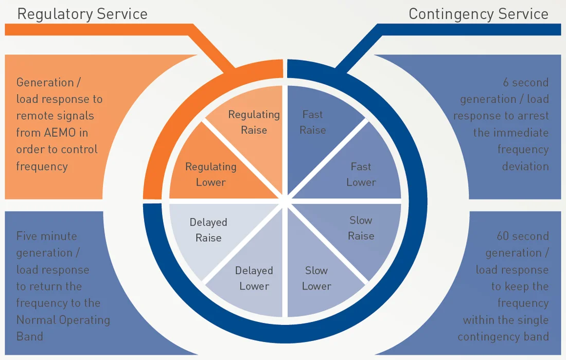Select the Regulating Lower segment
[x=210, y=174]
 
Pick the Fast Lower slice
[x=361, y=174]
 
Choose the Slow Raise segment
[x=361, y=228]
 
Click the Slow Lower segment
[x=316, y=278]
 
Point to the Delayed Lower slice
[x=254, y=278]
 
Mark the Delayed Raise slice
[x=208, y=230]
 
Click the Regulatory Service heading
[x=82, y=14]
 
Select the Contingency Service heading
[x=479, y=14]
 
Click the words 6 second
[x=525, y=82]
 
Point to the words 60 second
[x=523, y=236]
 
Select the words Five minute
[x=47, y=236]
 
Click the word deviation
[x=525, y=166]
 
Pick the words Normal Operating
[x=63, y=320]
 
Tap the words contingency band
[x=503, y=337]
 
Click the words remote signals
[x=55, y=116]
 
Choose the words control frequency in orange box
[x=57, y=157]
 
